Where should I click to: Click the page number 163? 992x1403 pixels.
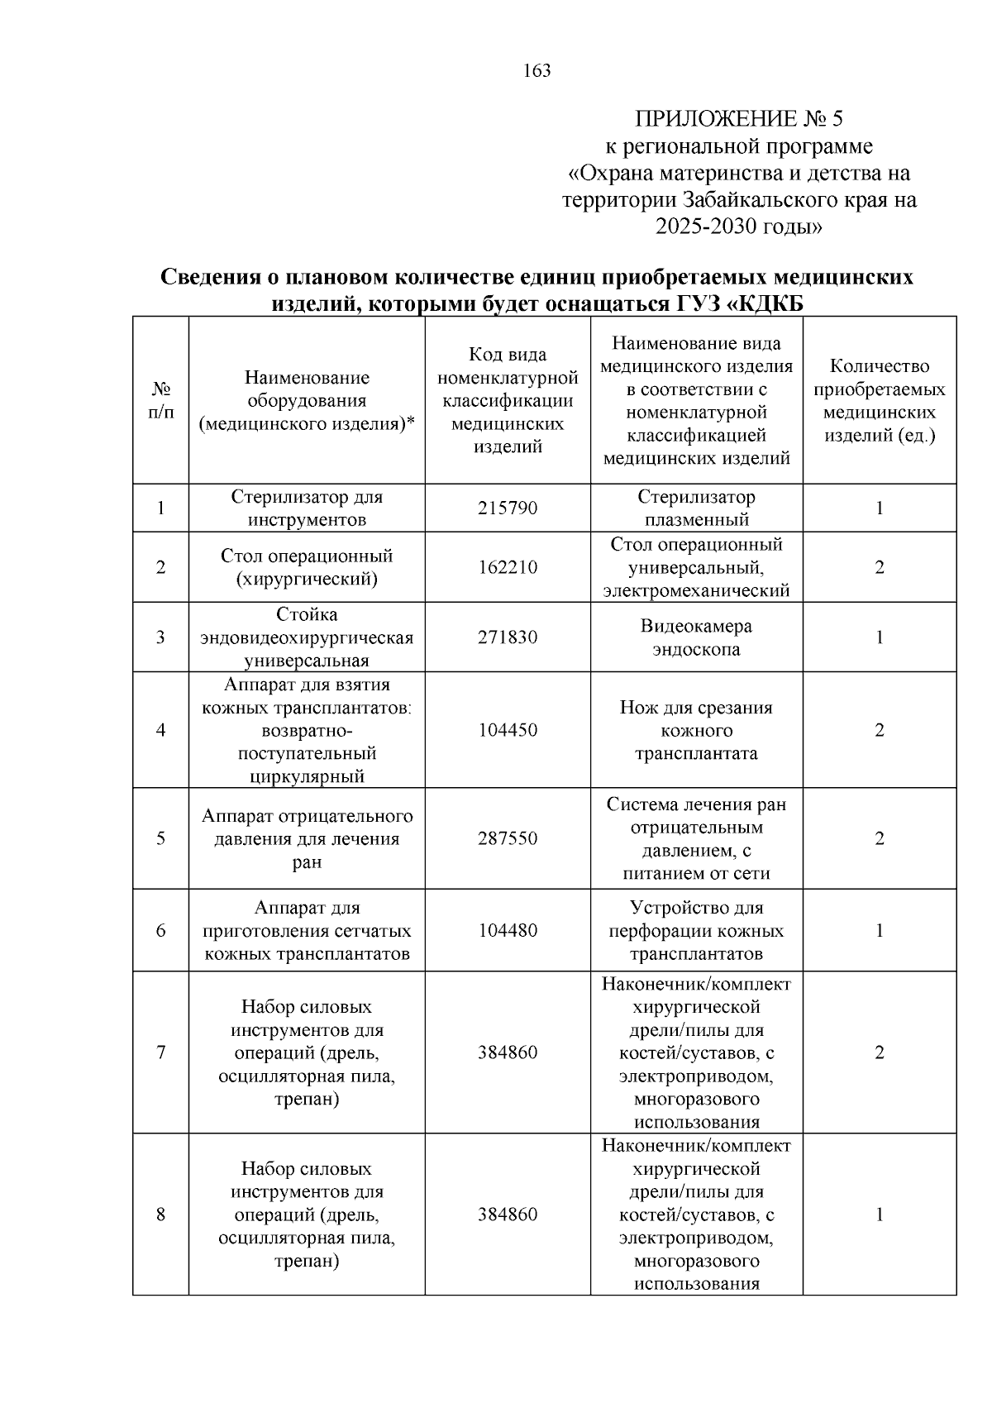pos(537,71)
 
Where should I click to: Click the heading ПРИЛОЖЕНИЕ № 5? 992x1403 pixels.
pos(738,119)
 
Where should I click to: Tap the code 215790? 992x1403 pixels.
pos(508,508)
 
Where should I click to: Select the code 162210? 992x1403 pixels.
pos(508,567)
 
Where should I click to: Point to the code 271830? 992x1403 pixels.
pos(508,637)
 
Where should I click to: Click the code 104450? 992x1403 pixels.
pos(508,730)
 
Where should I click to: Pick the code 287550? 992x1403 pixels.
pos(508,838)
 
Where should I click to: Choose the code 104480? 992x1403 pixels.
pos(508,931)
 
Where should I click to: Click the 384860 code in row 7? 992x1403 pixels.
pos(508,1052)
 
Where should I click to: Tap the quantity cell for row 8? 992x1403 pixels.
pos(880,1215)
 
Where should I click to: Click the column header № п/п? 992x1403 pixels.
pos(161,400)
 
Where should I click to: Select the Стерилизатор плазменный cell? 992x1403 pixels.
pos(696,508)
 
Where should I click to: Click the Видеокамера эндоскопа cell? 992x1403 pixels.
pos(696,637)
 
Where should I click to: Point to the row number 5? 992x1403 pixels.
pos(161,838)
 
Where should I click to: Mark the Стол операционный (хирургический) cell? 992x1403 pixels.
pos(307,567)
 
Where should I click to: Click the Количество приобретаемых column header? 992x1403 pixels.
pos(880,400)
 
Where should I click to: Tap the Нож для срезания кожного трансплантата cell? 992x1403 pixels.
pos(696,730)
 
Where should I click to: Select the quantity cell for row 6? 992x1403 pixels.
pos(880,931)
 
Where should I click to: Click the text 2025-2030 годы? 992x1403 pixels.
pos(738,226)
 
